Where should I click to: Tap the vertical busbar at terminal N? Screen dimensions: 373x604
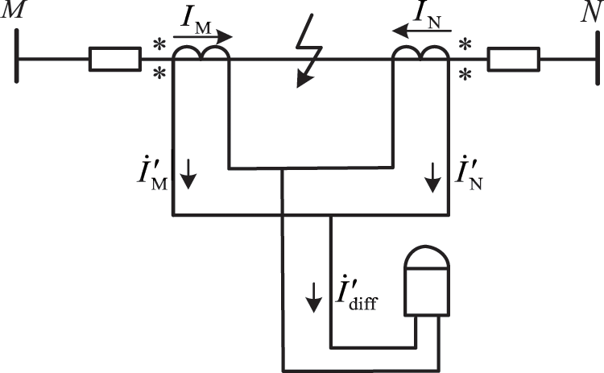click(596, 60)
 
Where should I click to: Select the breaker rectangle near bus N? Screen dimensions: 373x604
click(512, 60)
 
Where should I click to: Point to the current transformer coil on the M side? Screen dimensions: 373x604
click(201, 52)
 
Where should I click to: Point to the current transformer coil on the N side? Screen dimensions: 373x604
click(420, 52)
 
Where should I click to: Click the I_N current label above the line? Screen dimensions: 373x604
click(424, 12)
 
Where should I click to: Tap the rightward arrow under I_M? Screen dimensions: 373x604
click(203, 36)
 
